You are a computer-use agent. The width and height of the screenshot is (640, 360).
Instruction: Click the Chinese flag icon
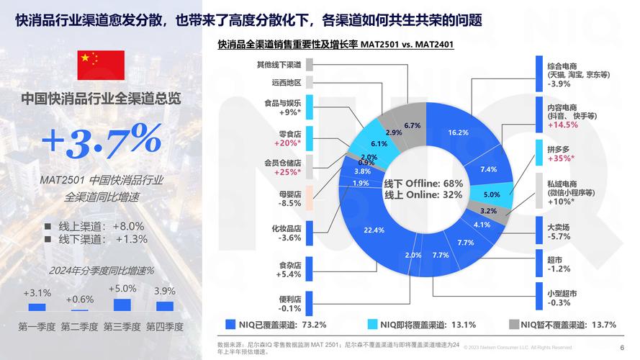pos(101,66)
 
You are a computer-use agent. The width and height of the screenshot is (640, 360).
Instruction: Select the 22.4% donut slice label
pos(374,230)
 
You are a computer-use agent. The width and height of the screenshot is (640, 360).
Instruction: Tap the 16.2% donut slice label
pos(458,132)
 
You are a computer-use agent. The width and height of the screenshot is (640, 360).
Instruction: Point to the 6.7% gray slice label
pos(413,125)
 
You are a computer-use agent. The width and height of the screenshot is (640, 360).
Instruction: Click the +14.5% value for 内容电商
pos(563,125)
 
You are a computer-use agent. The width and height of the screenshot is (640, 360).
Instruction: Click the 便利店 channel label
pos(289,299)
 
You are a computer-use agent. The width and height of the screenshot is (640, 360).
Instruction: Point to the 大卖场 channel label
pos(559,227)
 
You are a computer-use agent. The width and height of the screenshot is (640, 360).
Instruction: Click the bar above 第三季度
pos(122,305)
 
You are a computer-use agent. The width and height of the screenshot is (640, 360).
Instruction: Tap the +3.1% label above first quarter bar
pos(37,293)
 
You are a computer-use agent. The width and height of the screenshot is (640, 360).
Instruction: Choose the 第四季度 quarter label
pos(165,326)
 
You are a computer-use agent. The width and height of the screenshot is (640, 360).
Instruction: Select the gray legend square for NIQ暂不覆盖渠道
pos(514,324)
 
